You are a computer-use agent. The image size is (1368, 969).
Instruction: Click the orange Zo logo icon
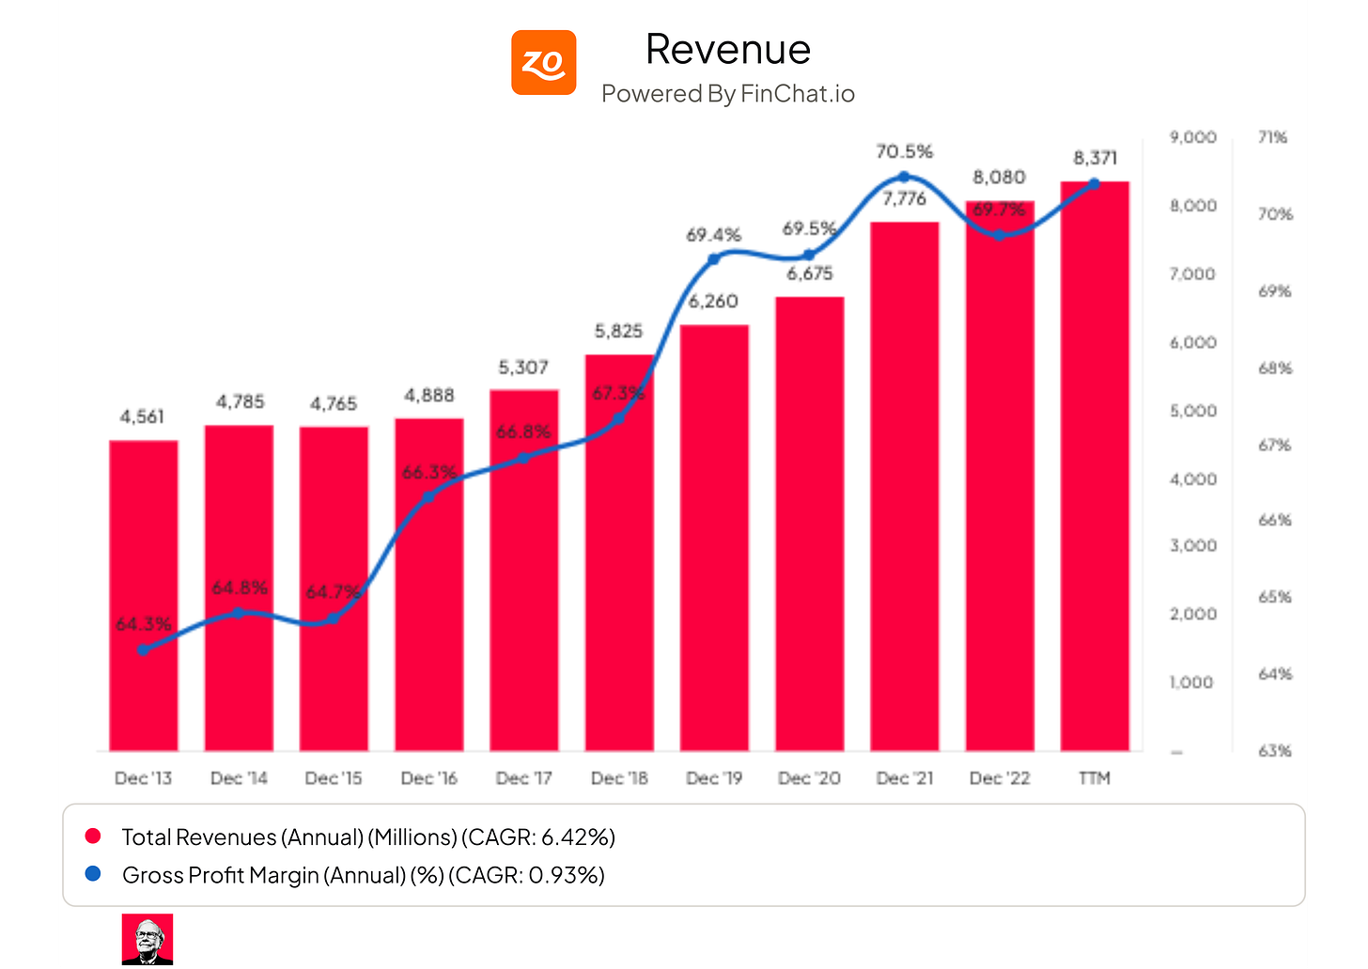coord(543,63)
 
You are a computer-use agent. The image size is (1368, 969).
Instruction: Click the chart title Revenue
coord(728,49)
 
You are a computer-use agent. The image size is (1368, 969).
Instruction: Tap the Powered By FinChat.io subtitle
coord(728,94)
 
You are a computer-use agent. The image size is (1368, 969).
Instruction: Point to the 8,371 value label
coord(1095,158)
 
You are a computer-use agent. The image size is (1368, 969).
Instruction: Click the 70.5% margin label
coord(904,151)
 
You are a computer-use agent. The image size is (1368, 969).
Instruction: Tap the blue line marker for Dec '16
coord(428,496)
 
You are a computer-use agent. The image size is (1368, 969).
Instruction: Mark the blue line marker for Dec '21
coord(904,177)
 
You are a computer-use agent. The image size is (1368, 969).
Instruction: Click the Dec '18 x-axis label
coord(619,778)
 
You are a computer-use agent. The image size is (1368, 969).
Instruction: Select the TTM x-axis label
coord(1095,778)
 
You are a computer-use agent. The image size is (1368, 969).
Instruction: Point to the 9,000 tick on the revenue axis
coord(1193,137)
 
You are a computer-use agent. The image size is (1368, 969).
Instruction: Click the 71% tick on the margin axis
coord(1273,137)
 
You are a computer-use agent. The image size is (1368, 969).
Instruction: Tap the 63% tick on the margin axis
coord(1275,751)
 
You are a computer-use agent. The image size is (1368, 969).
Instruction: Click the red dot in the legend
coord(92,836)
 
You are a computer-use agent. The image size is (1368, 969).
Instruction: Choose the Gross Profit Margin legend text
coord(363,875)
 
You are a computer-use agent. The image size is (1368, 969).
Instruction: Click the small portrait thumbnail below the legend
coord(148,939)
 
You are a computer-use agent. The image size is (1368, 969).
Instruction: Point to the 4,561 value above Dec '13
coord(143,416)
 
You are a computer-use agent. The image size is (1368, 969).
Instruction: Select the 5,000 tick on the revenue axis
coord(1193,411)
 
